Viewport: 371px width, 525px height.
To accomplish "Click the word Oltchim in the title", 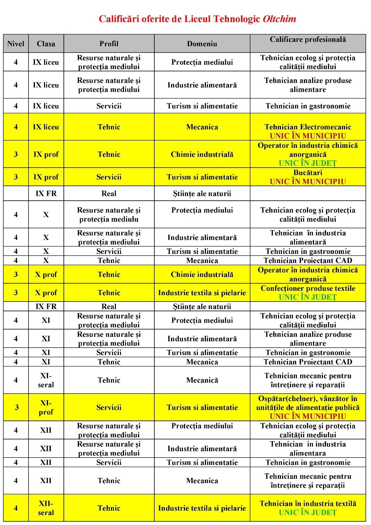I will coord(279,19).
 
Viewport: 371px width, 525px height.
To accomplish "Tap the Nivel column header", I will coord(16,44).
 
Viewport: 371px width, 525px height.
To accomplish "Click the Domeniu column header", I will coord(202,44).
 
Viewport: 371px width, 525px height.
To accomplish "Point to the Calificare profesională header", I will coord(308,39).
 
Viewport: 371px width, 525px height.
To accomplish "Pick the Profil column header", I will coord(109,44).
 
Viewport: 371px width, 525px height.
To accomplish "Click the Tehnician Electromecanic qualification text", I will coord(308,127).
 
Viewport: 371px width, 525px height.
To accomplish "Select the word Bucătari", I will coord(308,172).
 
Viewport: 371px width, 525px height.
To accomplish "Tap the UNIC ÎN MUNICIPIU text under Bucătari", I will coord(308,182).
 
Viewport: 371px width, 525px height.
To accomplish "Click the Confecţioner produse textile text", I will coord(308,288).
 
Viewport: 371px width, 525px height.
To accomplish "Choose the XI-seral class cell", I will coord(46,380).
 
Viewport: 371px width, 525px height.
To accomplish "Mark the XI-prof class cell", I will coord(46,407).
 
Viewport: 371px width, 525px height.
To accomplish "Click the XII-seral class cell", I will coord(46,508).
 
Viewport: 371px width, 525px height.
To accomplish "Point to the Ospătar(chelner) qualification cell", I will coord(308,403).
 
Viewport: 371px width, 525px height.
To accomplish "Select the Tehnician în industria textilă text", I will coord(308,503).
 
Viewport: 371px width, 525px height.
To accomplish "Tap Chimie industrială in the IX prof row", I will coord(202,154).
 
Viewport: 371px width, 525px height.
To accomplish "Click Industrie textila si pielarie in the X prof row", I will coord(202,293).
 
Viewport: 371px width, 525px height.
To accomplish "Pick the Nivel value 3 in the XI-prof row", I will coord(16,407).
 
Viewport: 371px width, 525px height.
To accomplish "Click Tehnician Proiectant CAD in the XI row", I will coord(308,362).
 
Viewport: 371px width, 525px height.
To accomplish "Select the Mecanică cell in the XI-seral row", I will coord(202,380).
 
